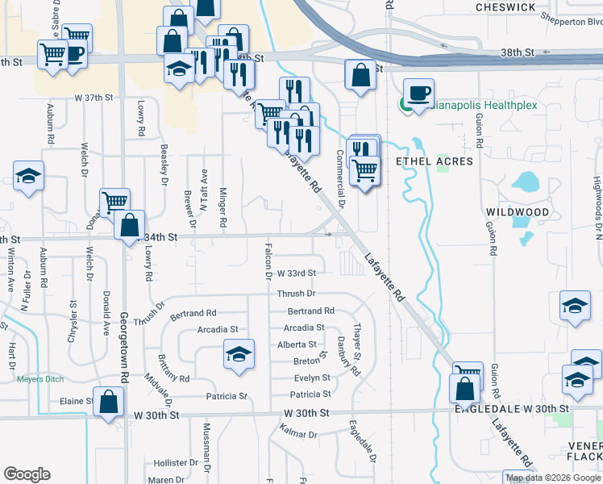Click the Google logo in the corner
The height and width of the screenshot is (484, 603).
pyautogui.click(x=27, y=474)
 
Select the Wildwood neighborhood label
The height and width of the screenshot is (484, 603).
pyautogui.click(x=518, y=211)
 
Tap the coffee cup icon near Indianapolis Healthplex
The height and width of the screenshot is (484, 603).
pyautogui.click(x=418, y=94)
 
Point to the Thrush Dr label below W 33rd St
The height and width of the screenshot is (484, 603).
pyautogui.click(x=296, y=294)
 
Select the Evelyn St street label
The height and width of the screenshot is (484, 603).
pyautogui.click(x=312, y=378)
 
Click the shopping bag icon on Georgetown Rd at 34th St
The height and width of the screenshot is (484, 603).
pyautogui.click(x=129, y=226)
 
